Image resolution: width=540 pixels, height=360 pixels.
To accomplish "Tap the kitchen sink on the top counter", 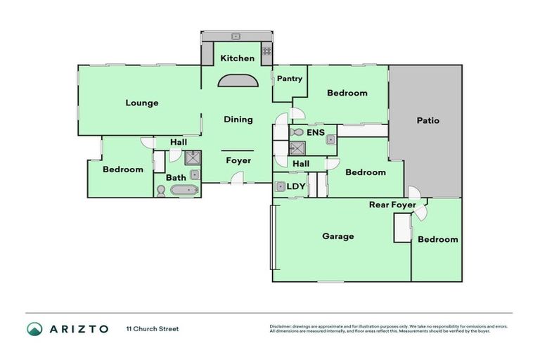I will pos(237,36).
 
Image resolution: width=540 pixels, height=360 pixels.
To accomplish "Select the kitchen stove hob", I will pos(266,51).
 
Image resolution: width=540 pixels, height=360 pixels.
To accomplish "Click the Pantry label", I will pos(289,79).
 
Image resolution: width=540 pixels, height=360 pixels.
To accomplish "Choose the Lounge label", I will pos(142,103).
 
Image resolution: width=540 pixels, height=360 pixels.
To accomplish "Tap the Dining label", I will pos(238,120).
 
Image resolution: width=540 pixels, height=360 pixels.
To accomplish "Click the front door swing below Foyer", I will pos(239,179).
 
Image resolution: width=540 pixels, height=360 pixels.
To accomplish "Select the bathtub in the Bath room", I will pos(184,190).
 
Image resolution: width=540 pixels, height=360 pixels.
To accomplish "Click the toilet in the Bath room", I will pos(161,191).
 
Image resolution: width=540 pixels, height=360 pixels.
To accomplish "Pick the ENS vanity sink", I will pos(329,139).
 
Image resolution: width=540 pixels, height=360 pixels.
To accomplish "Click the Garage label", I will pos(337,236).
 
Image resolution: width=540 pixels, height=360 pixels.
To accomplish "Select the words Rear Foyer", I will pos(392,205).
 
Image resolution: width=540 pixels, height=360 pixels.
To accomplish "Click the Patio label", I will pos(427,120).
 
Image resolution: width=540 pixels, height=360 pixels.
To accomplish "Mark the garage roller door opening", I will pos(272,237).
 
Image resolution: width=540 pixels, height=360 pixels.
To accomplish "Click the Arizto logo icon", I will pos(34,328).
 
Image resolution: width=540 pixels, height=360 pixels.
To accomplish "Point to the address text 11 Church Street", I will pos(153,328).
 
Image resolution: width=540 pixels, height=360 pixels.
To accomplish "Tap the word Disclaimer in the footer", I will pos(282,326).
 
